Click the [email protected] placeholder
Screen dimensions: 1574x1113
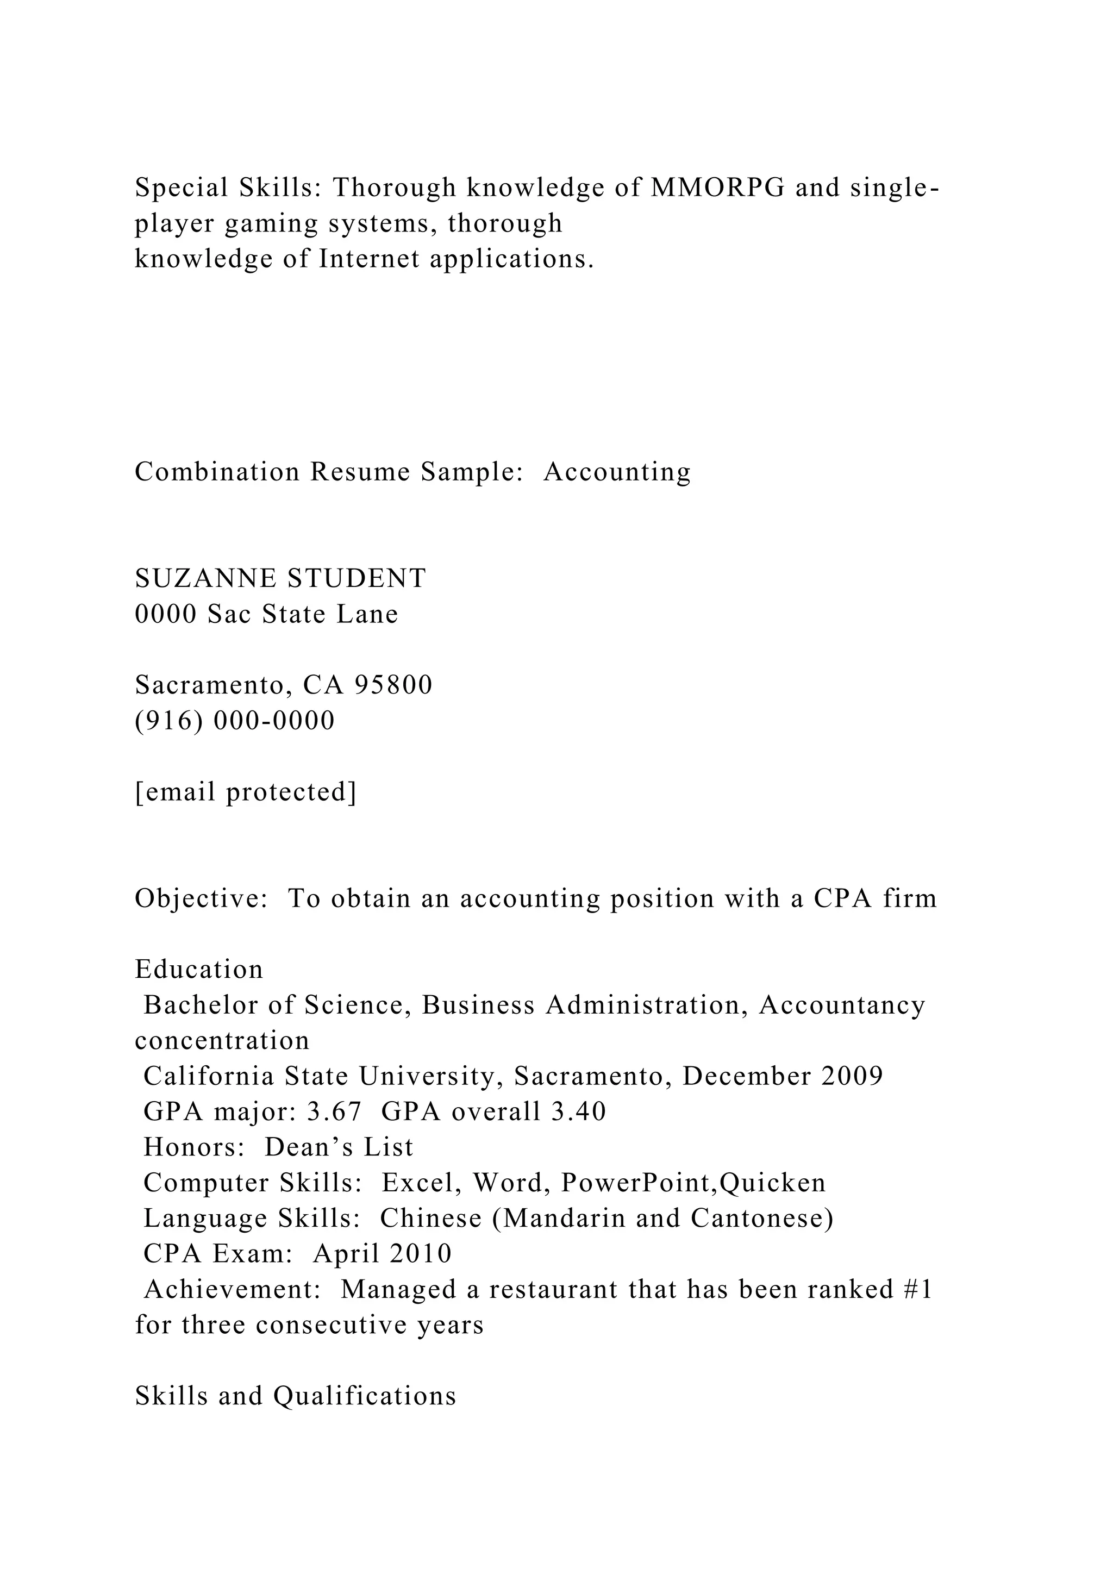click(x=245, y=792)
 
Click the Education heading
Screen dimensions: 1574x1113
click(x=199, y=970)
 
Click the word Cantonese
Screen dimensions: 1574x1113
click(x=761, y=1218)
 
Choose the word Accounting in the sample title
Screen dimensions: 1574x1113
click(x=617, y=472)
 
